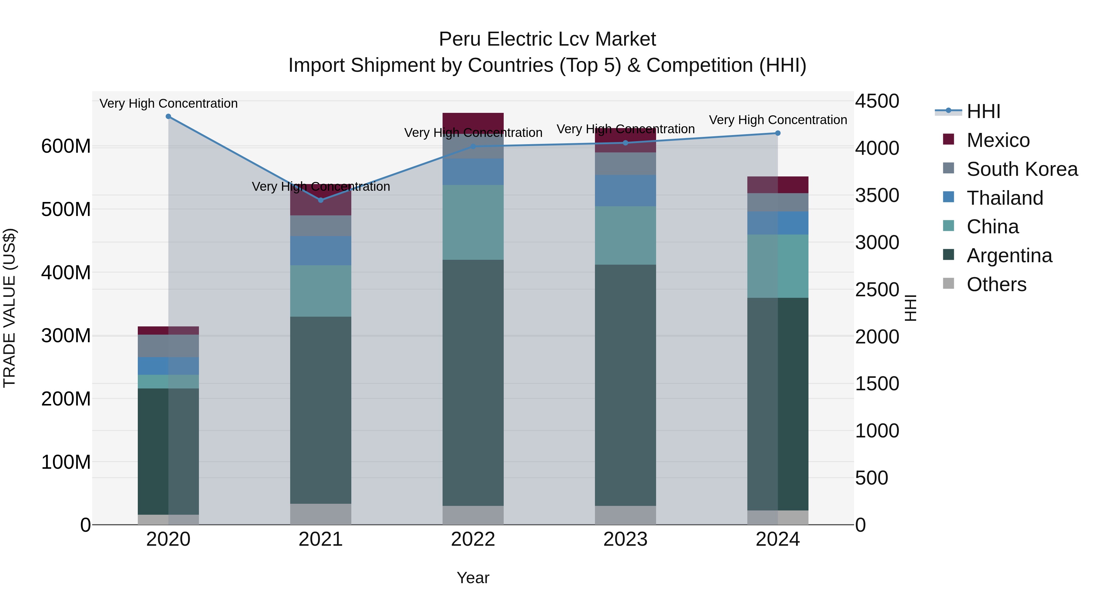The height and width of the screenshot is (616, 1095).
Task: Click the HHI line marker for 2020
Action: pos(168,117)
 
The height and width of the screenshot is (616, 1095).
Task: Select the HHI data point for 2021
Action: pos(321,200)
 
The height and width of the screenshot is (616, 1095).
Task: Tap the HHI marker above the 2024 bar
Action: pos(778,133)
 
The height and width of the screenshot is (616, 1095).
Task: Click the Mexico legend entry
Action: pos(998,140)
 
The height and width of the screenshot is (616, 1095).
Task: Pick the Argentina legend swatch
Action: pos(948,255)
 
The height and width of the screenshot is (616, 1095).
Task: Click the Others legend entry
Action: pos(996,284)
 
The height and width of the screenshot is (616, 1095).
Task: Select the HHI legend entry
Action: pos(983,111)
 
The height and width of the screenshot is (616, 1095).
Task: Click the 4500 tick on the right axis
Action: pos(877,101)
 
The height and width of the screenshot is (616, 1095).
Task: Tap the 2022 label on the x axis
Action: pos(473,539)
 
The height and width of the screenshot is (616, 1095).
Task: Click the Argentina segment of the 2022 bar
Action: pos(473,383)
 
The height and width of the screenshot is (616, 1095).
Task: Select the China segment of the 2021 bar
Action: pos(321,291)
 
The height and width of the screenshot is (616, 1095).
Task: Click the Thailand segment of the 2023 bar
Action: pos(625,190)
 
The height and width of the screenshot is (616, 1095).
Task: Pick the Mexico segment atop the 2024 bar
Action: pos(778,185)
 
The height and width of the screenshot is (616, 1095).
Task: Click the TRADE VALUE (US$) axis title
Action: pos(9,308)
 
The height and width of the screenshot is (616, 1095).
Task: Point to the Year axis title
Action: pos(473,578)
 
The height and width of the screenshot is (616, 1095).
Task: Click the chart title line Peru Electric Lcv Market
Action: pos(547,39)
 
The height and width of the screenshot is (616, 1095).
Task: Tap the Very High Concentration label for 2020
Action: pos(168,103)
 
